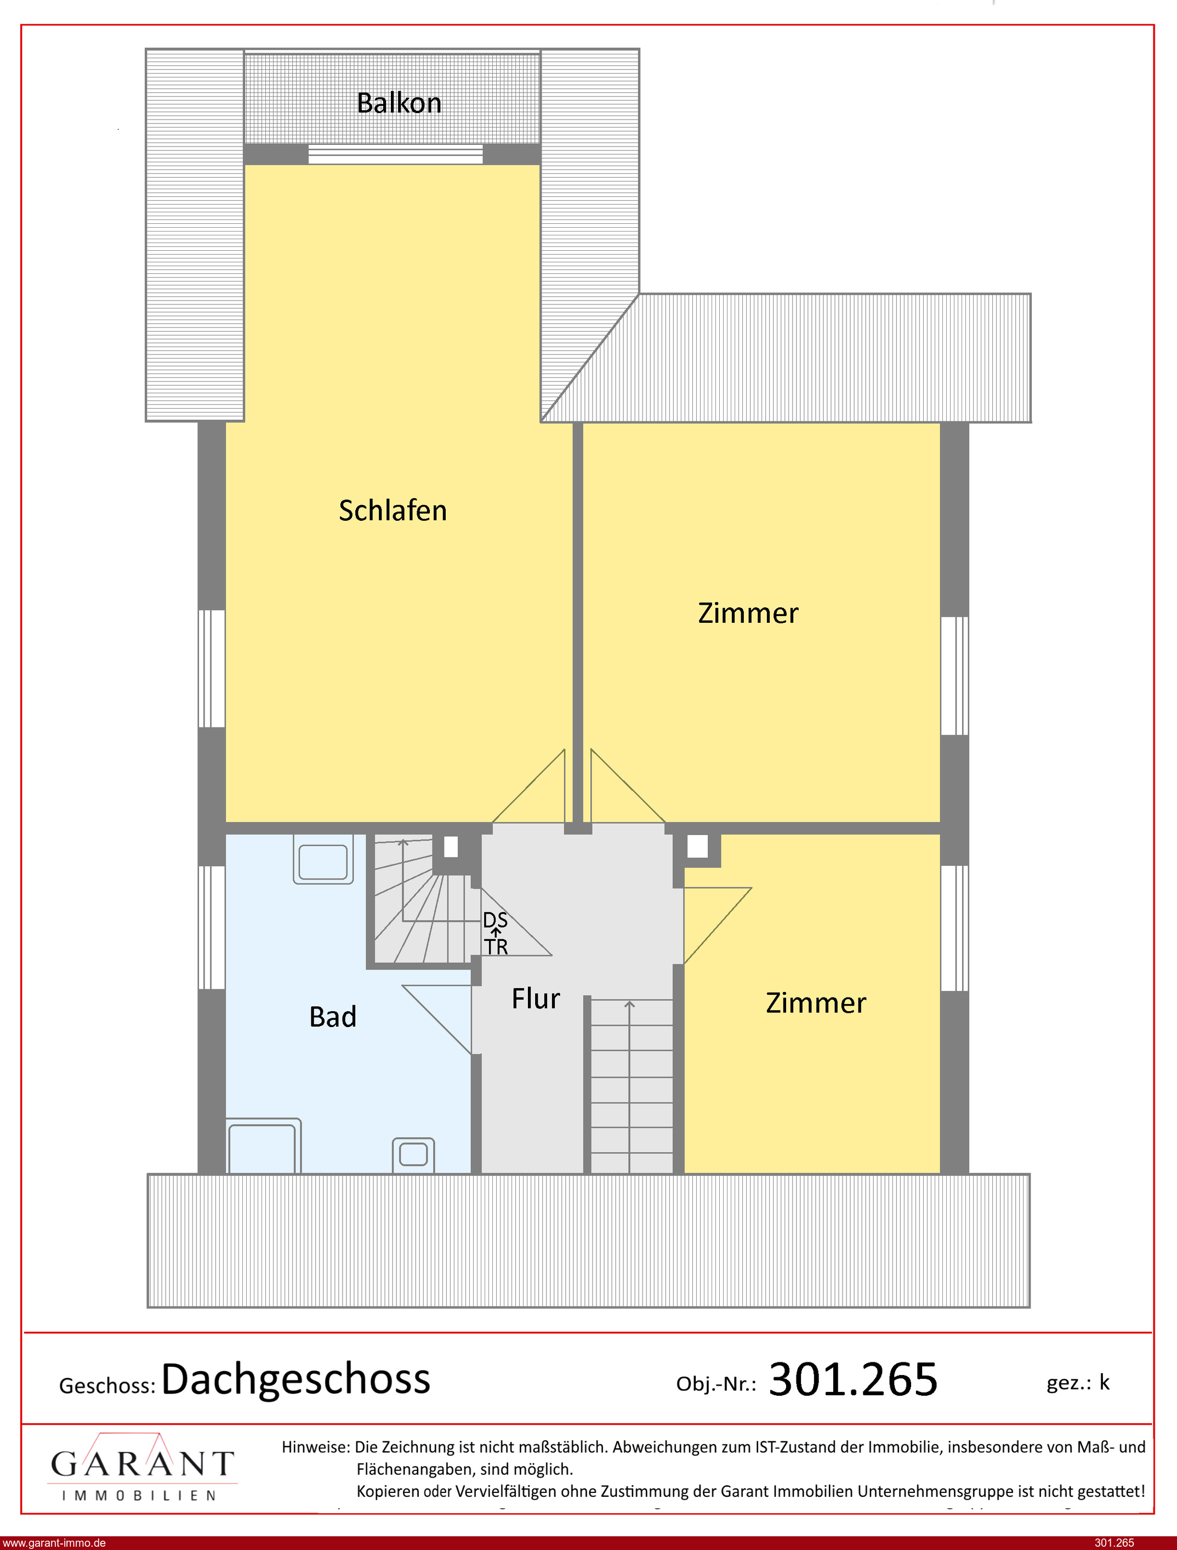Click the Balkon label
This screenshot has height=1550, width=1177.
tap(399, 103)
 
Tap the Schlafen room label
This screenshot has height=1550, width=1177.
tap(393, 510)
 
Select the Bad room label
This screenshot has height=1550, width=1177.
tap(333, 1017)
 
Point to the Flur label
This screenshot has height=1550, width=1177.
tap(536, 998)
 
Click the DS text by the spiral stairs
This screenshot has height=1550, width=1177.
tap(496, 920)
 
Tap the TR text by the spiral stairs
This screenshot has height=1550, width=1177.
tap(496, 947)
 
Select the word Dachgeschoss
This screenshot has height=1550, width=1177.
tap(295, 1379)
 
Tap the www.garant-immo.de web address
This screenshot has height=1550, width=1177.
tap(53, 1543)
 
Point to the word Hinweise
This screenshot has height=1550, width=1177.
tap(315, 1447)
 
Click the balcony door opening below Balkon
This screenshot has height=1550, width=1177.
tap(396, 154)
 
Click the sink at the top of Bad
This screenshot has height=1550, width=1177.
tap(323, 859)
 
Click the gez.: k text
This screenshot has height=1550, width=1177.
tap(1078, 1383)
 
